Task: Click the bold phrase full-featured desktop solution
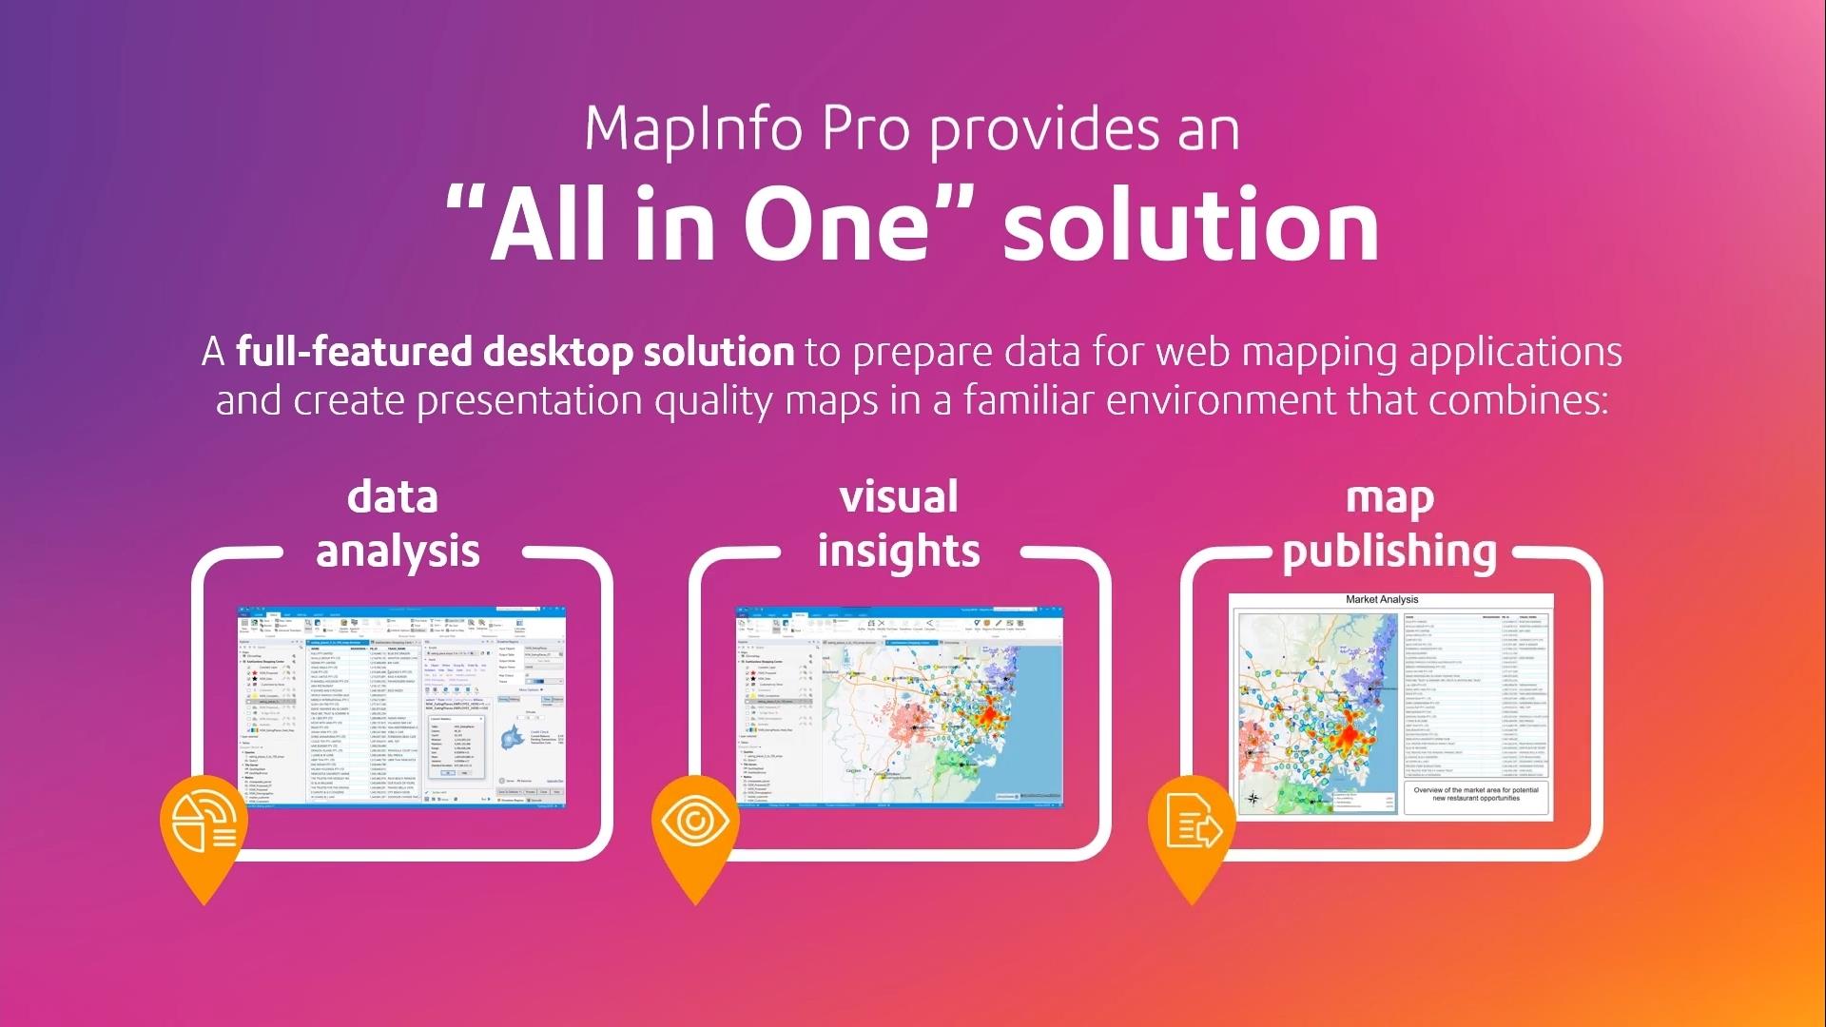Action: point(515,351)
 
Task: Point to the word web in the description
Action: point(1194,351)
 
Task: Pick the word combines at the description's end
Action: point(1518,399)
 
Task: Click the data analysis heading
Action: point(397,524)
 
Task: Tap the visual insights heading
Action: point(898,524)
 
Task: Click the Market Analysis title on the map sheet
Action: point(1381,600)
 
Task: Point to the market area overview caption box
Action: point(1475,796)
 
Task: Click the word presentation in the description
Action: point(530,399)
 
